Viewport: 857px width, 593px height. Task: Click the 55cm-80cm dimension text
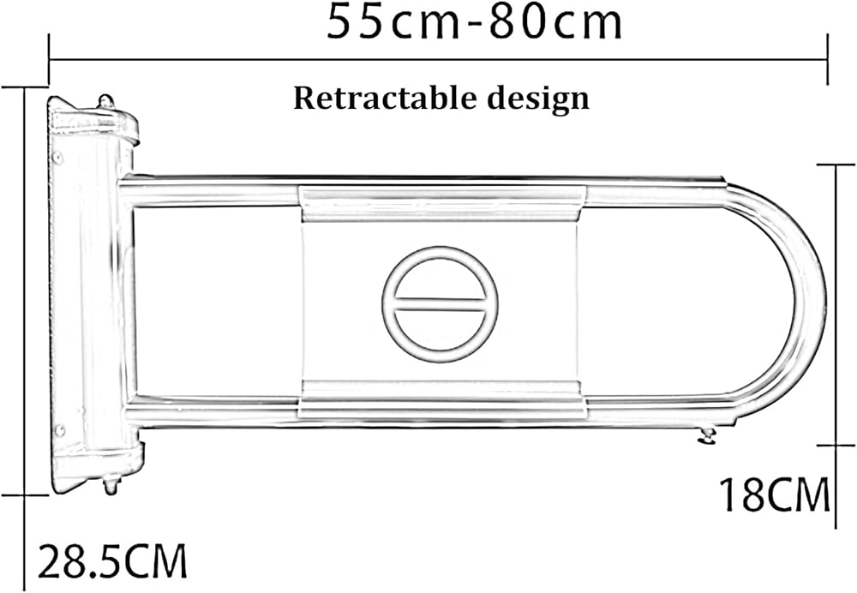(x=474, y=22)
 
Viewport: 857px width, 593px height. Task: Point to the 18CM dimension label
(x=774, y=494)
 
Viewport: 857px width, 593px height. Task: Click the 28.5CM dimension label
(x=112, y=561)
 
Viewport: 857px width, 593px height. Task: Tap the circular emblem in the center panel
(x=440, y=304)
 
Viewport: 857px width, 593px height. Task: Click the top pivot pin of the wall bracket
(x=106, y=102)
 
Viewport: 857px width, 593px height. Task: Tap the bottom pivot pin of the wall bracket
(x=111, y=485)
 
